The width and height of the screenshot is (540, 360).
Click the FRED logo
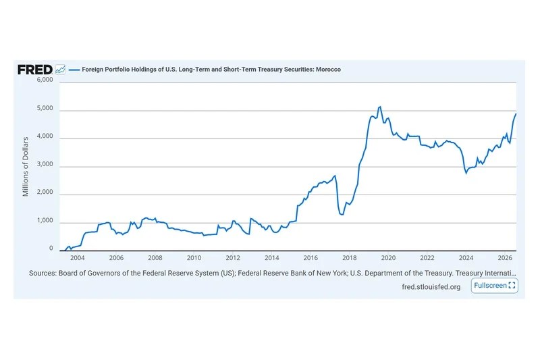coord(35,70)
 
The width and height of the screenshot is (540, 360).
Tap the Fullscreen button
coord(494,286)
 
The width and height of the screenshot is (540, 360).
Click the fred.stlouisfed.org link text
coord(431,287)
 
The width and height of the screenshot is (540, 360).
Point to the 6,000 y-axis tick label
coord(45,80)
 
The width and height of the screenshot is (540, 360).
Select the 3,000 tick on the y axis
coord(45,164)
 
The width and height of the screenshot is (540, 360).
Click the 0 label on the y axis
coord(51,249)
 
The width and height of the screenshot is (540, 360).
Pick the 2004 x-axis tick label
coord(78,258)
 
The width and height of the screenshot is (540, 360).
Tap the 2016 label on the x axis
coord(310,258)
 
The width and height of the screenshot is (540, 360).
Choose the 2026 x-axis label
coord(504,258)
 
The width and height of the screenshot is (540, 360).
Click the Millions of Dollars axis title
coord(26,167)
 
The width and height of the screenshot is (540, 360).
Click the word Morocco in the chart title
coord(328,70)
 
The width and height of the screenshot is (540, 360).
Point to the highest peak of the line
coord(380,107)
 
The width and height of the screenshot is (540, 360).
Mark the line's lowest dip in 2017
coord(342,215)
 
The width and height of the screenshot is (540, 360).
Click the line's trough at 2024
coord(466,173)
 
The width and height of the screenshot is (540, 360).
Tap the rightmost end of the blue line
coord(516,113)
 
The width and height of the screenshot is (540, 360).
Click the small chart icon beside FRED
coord(60,70)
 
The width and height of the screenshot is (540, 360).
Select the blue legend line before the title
coord(74,70)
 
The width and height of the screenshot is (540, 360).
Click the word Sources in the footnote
coord(43,273)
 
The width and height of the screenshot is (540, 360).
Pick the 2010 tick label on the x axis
coord(194,258)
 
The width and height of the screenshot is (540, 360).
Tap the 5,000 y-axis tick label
coord(45,108)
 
